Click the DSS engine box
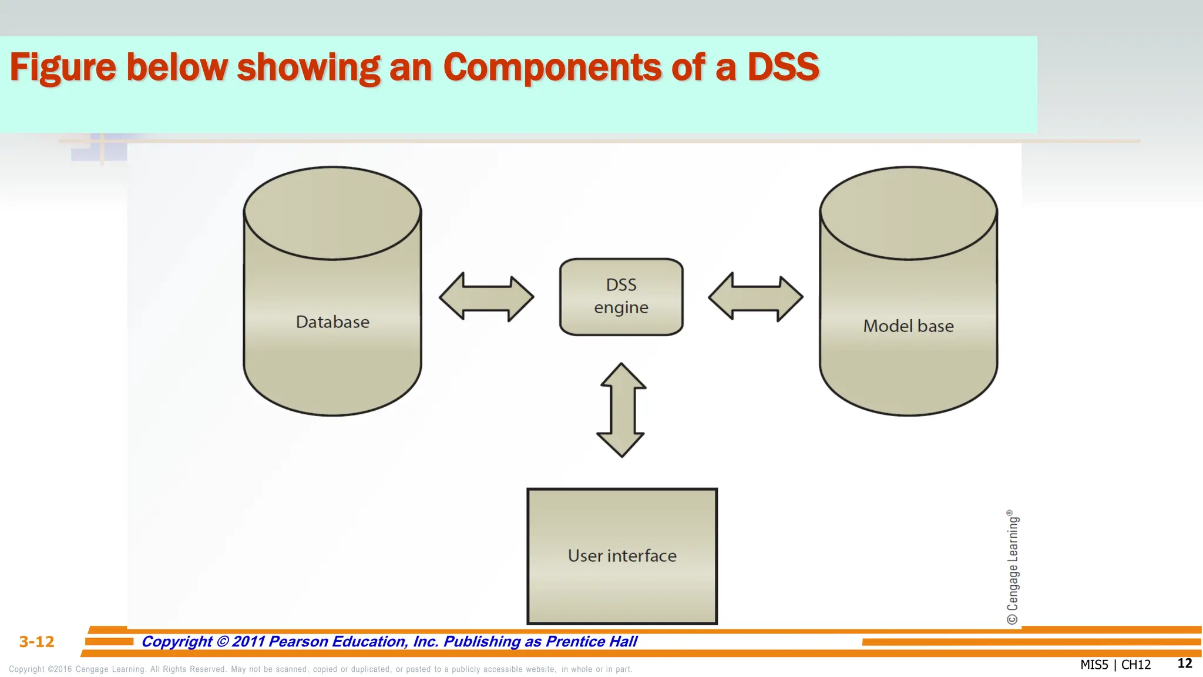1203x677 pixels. (x=621, y=297)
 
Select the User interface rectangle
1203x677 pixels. (x=622, y=556)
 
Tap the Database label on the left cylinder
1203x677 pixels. (x=332, y=322)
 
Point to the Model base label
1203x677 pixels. (x=908, y=326)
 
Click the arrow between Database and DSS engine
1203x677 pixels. (x=486, y=297)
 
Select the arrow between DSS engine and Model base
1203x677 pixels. (x=755, y=297)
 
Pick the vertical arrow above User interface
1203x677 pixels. (x=621, y=410)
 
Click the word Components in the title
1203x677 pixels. (x=552, y=68)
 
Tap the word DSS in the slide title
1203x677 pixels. (x=782, y=68)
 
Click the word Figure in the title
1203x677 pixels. (x=63, y=68)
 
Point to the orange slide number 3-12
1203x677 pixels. (x=36, y=642)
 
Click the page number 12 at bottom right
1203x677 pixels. (x=1184, y=663)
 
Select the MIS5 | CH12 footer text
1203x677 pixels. (x=1115, y=665)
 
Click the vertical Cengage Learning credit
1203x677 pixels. (x=1013, y=567)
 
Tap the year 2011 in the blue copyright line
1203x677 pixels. (x=248, y=642)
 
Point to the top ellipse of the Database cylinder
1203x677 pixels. (x=332, y=213)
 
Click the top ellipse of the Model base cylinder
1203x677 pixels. (x=908, y=213)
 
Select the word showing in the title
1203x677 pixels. (x=308, y=68)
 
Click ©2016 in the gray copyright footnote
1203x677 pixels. (x=59, y=669)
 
